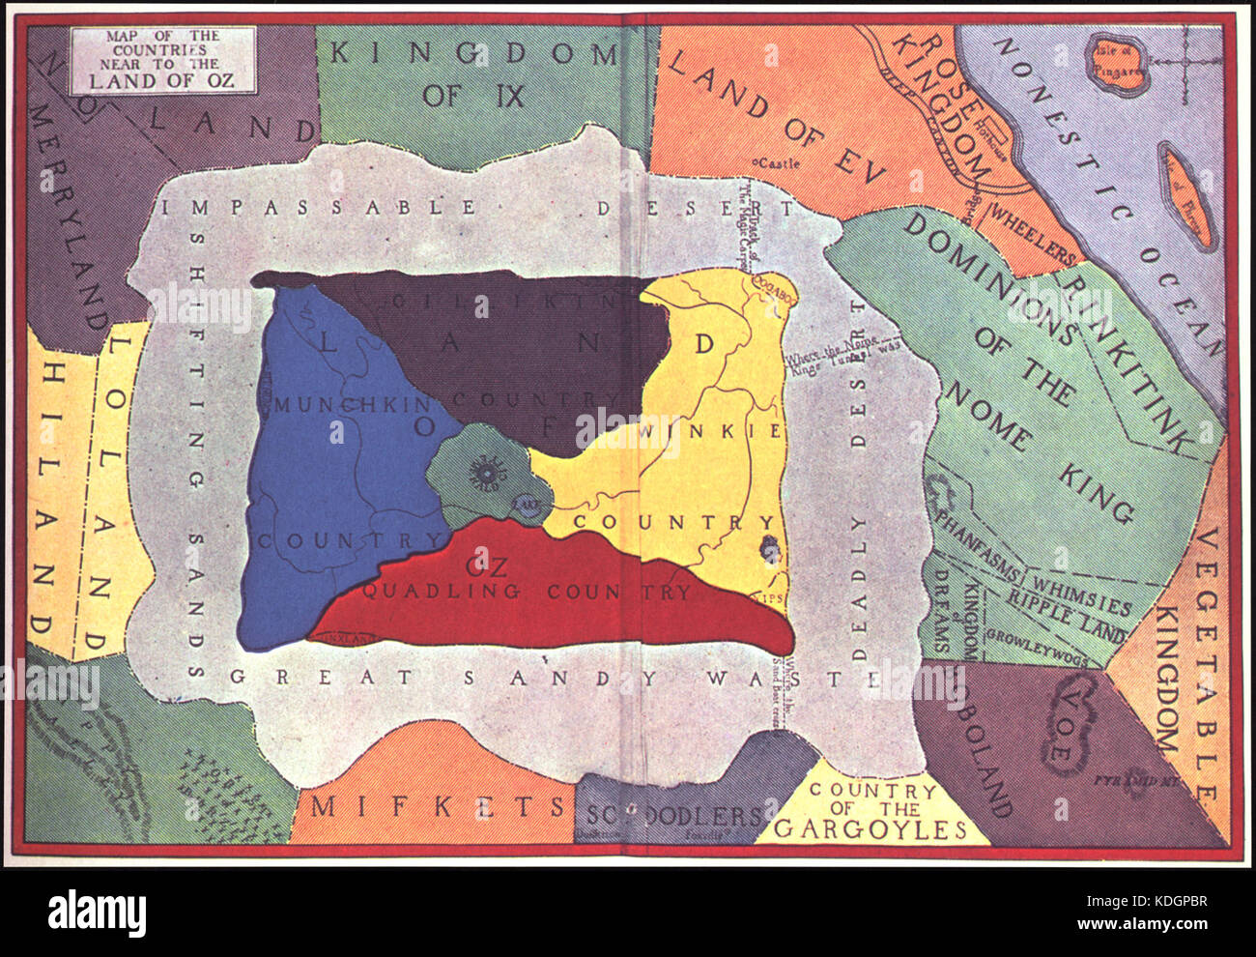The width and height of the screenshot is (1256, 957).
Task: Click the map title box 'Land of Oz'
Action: click(162, 60)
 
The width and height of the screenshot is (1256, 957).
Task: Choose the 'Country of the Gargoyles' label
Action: click(872, 810)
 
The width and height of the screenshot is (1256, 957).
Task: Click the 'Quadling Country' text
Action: click(527, 593)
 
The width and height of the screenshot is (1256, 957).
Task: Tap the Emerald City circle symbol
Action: click(486, 471)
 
